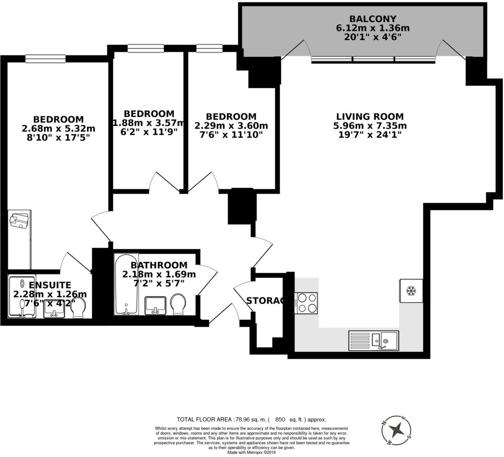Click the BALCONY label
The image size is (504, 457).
[373, 19]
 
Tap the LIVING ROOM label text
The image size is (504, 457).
[370, 116]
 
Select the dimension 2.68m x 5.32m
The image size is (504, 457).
[58, 128]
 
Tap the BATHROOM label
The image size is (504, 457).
[159, 265]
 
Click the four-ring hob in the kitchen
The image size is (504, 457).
[307, 303]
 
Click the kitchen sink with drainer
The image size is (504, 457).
[373, 340]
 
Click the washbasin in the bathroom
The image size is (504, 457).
[155, 305]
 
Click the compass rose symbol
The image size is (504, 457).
[396, 430]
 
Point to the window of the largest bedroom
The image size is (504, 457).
[45, 59]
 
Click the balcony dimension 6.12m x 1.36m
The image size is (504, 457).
[373, 28]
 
